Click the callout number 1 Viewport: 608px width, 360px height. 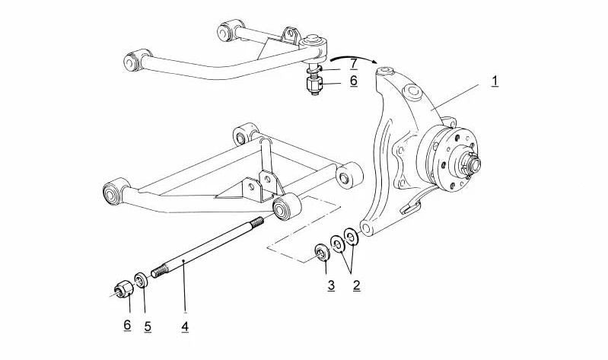click(495, 81)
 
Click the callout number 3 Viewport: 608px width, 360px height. click(331, 285)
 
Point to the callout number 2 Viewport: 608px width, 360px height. click(355, 285)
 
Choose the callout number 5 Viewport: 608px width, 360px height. click(148, 327)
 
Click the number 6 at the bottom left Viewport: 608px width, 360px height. click(127, 325)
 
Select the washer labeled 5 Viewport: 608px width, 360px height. click(141, 279)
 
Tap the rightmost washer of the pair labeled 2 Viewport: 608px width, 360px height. click(351, 237)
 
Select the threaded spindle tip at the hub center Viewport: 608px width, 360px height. click(474, 162)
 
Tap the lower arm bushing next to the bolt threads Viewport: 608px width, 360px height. click(288, 205)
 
